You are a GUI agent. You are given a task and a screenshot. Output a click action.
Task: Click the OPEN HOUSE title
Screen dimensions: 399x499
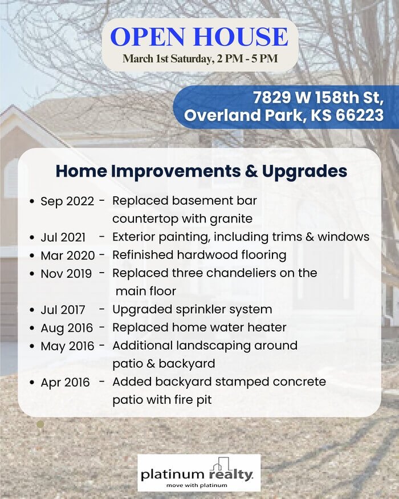click(x=199, y=36)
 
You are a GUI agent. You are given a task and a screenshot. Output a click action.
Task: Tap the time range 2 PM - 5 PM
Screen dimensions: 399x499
click(x=247, y=59)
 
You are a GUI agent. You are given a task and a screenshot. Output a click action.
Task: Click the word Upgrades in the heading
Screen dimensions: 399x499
click(x=304, y=172)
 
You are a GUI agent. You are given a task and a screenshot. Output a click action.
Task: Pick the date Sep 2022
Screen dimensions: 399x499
click(x=67, y=201)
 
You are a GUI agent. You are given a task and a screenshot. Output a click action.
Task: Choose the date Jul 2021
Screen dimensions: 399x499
click(x=63, y=237)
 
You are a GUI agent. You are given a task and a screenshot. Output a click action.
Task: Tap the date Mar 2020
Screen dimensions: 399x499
click(x=68, y=255)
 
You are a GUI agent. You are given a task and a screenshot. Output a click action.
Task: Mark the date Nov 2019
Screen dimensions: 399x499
click(x=66, y=273)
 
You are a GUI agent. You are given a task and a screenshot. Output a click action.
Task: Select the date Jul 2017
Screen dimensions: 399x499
click(x=63, y=310)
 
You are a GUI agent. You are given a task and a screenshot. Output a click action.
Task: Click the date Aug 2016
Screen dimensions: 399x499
click(x=67, y=328)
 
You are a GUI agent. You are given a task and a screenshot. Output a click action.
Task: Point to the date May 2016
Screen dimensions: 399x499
click(x=67, y=346)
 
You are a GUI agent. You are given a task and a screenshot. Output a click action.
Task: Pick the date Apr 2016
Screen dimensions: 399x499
click(x=65, y=383)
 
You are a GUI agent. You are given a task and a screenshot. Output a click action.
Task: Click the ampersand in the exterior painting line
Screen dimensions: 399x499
click(x=309, y=237)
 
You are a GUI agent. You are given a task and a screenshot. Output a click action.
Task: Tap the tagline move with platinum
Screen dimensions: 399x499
click(x=197, y=485)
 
